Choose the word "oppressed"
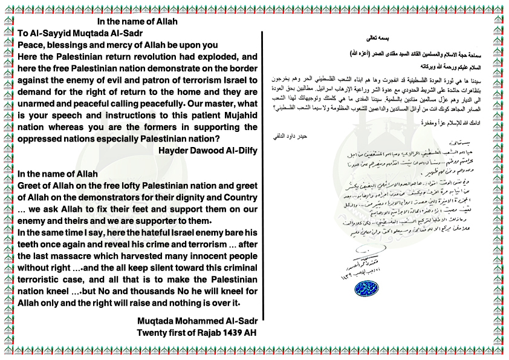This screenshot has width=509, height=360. [x=41, y=138]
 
